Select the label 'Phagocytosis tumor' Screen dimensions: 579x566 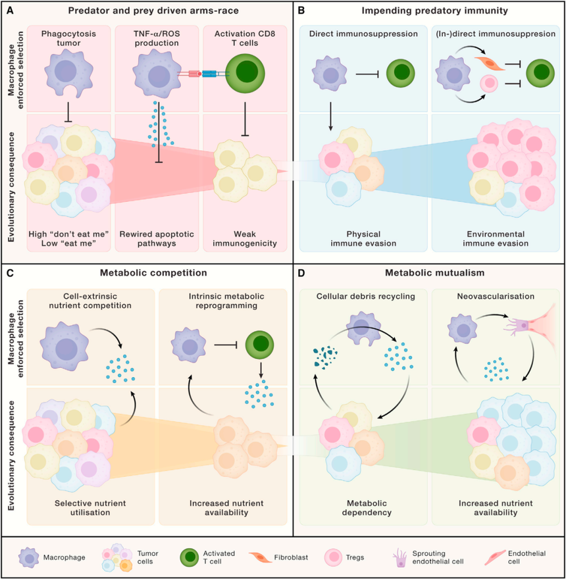69,39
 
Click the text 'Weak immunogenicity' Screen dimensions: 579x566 245,240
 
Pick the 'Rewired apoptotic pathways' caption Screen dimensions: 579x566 158,240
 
